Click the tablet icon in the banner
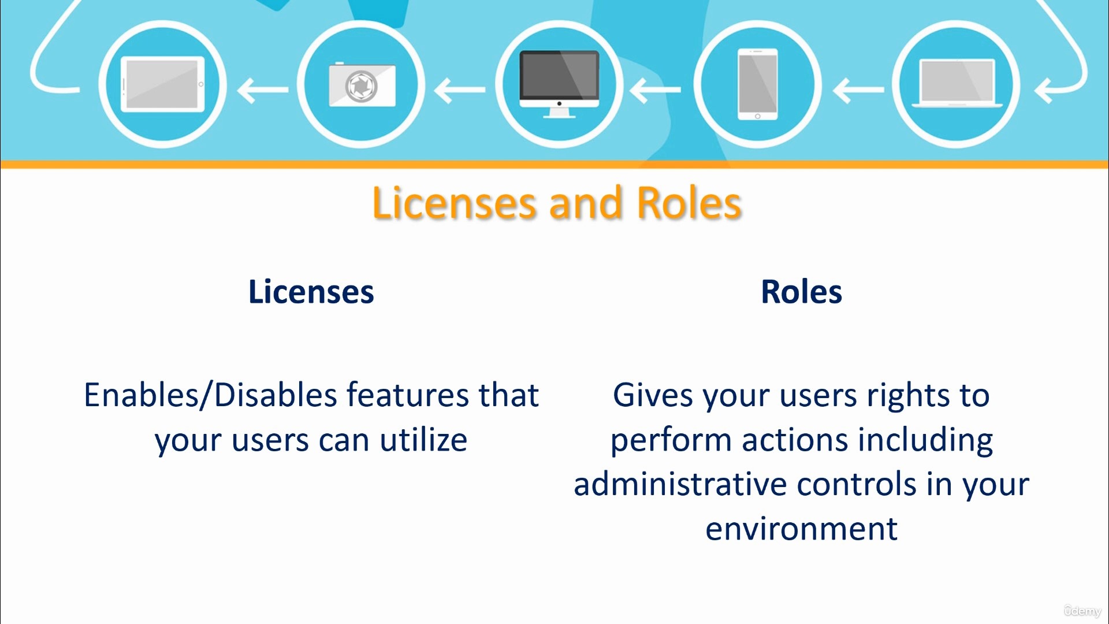coord(162,84)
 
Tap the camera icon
coord(362,84)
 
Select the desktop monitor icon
coord(559,84)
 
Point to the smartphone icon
coord(757,84)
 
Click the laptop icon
coord(957,83)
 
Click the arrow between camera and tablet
coord(263,90)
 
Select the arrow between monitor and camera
coord(460,90)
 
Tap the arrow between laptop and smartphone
coord(858,90)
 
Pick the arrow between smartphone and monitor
coord(656,90)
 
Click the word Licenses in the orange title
coord(455,203)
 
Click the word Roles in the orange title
coord(689,203)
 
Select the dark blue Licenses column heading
coord(311,292)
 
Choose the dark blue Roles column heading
coord(802,292)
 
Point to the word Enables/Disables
coord(211,396)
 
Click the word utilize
coord(424,440)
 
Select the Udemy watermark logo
coord(1083,611)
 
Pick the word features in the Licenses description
coord(408,396)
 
